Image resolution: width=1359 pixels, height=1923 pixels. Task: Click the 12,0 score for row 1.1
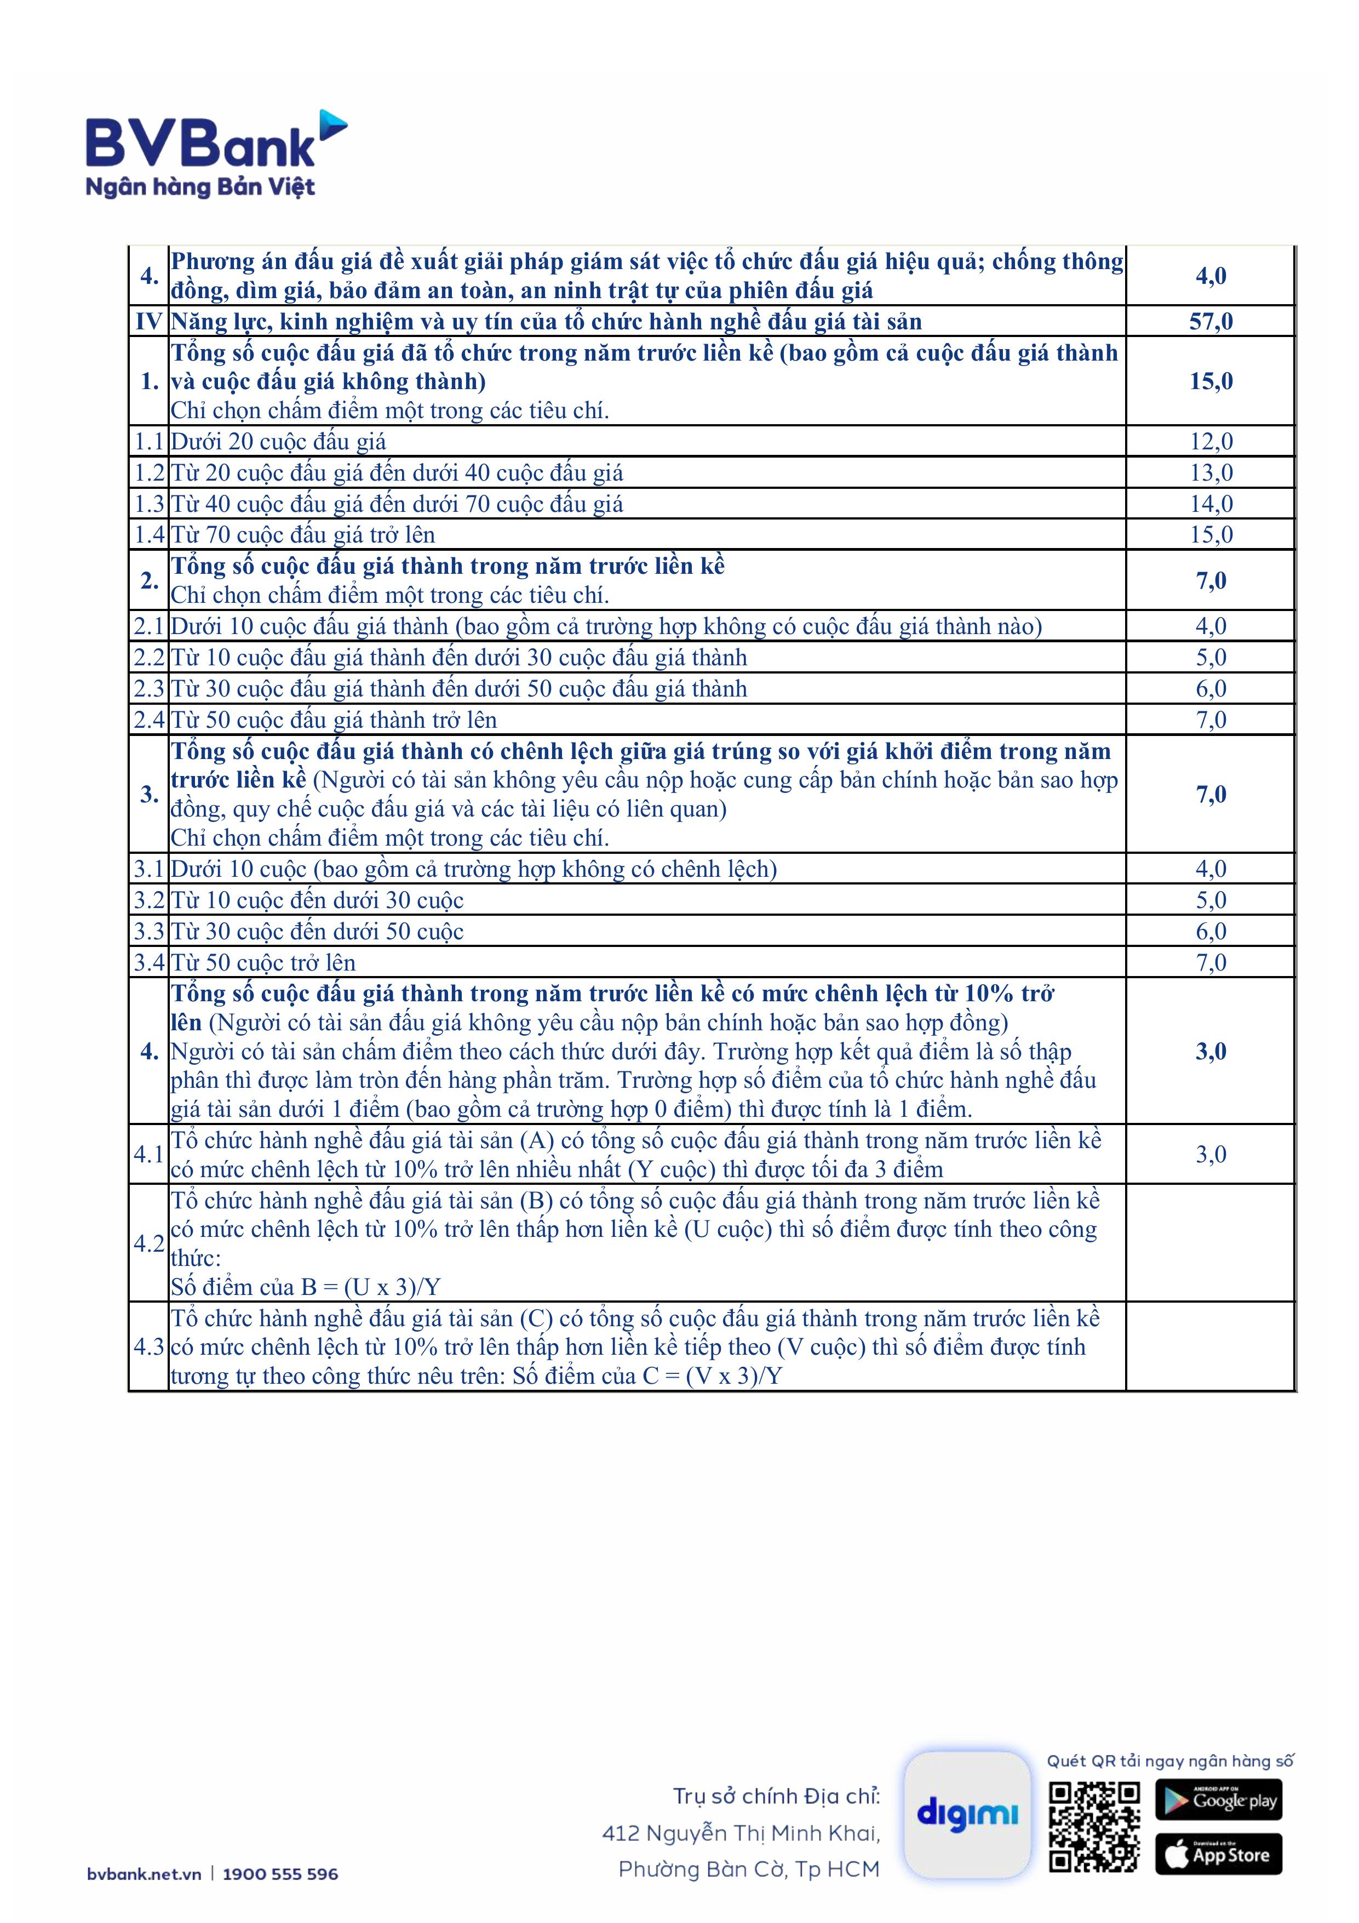click(x=1211, y=441)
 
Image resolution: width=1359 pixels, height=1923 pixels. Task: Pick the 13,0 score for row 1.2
click(x=1211, y=472)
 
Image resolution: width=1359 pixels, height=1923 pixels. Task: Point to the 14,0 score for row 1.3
click(x=1211, y=504)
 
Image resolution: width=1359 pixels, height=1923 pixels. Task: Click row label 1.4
click(x=149, y=534)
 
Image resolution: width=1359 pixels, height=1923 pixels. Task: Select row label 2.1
click(x=149, y=626)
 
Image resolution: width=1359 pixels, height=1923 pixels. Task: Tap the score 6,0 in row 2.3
click(x=1211, y=688)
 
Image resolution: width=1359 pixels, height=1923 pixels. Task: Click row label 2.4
click(x=149, y=720)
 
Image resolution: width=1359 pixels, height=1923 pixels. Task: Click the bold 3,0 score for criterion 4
click(x=1211, y=1051)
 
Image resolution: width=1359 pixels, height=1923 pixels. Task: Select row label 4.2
click(x=149, y=1243)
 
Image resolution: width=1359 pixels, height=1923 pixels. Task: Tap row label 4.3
click(x=149, y=1347)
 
